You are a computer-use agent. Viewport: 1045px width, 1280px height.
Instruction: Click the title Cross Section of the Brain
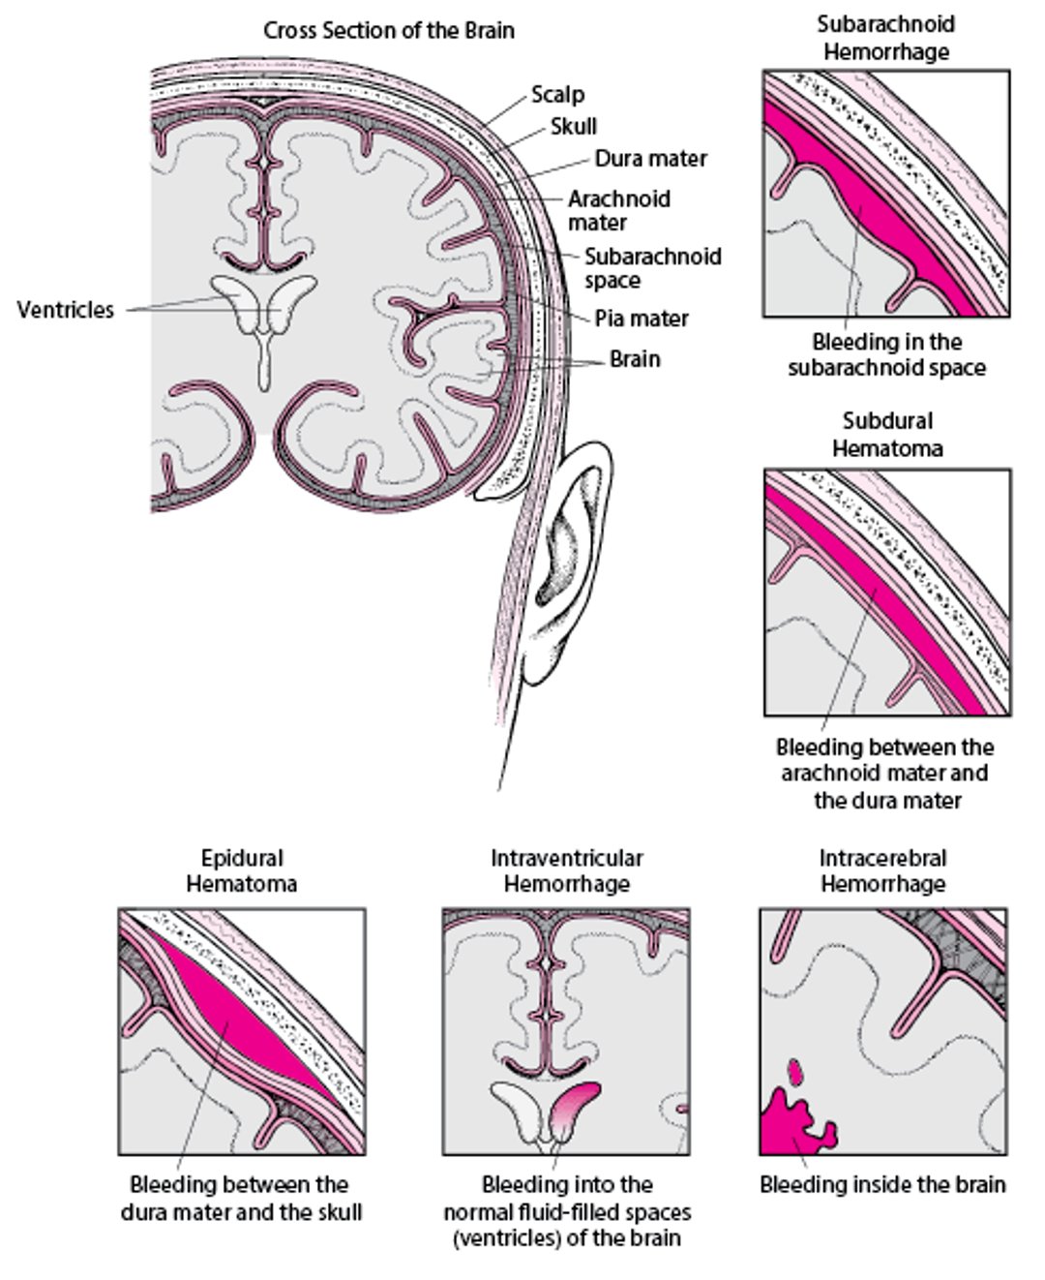click(x=389, y=31)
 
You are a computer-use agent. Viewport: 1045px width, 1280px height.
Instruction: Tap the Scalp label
click(x=558, y=95)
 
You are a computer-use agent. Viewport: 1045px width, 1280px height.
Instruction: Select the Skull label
click(x=574, y=127)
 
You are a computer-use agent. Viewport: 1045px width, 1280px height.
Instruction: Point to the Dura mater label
click(x=651, y=159)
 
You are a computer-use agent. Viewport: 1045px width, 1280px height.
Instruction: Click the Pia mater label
click(x=642, y=319)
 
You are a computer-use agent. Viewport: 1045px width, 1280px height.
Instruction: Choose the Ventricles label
click(x=66, y=310)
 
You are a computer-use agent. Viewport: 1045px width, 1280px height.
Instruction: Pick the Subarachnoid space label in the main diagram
click(x=652, y=269)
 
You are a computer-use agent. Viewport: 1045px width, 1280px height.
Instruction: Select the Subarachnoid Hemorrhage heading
click(x=885, y=38)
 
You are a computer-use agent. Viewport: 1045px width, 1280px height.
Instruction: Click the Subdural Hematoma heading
click(x=887, y=435)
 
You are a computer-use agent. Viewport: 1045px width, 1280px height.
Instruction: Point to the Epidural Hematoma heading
click(x=242, y=870)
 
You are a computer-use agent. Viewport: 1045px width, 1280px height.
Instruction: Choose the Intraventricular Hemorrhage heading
click(x=567, y=870)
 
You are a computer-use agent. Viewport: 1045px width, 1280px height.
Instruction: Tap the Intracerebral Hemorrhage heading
click(x=883, y=870)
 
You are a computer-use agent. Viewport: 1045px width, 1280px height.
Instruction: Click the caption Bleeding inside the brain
click(x=882, y=1184)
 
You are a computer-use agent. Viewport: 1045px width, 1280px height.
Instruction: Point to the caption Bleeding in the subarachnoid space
click(x=887, y=355)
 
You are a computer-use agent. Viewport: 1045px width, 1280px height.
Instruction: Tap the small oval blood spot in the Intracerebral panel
click(x=796, y=1071)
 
